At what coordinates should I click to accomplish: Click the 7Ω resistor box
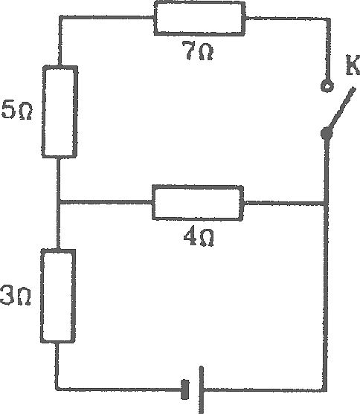click(199, 19)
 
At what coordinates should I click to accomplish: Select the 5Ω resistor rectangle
click(60, 111)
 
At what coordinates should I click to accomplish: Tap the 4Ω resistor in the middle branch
click(198, 203)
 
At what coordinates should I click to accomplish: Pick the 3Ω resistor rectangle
click(58, 296)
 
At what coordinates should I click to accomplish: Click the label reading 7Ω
click(198, 51)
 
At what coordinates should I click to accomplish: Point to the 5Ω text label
click(16, 109)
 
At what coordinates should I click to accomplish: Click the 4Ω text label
click(199, 236)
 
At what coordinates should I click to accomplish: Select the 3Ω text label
click(16, 296)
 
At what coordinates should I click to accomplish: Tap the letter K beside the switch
click(353, 65)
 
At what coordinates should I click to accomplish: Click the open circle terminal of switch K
click(327, 86)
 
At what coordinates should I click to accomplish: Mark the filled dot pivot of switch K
click(327, 134)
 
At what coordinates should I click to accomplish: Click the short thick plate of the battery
click(185, 389)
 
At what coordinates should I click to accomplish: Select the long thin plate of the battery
click(202, 389)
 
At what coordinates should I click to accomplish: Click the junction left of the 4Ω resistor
click(59, 203)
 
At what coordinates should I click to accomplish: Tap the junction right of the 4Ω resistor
click(326, 204)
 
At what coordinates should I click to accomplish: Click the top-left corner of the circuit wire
click(60, 18)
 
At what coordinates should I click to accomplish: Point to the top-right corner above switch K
click(329, 19)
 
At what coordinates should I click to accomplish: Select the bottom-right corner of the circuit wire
click(325, 389)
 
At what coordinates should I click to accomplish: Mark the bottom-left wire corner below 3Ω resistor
click(57, 389)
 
